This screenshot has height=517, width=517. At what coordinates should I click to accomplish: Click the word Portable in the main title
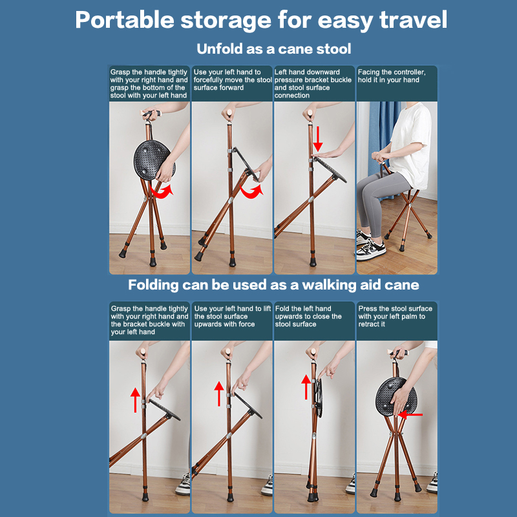pos(125,20)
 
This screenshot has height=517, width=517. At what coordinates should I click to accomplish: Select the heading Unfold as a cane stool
pos(273,49)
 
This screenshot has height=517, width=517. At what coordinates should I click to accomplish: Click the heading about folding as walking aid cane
pos(273,285)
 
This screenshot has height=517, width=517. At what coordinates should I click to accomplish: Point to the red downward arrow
pos(318,139)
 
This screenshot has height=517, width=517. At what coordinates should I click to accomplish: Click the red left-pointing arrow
pos(410,415)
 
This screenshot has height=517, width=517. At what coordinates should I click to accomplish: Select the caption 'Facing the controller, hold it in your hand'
pos(392,76)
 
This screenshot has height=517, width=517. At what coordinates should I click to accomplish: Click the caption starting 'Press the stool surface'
pos(395,316)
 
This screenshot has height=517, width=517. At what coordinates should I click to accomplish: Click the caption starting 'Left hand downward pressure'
pos(313,84)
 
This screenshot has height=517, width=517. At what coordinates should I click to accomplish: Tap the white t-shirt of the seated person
pos(412,145)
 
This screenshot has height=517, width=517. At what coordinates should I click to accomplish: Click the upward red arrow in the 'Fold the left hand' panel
pos(306,386)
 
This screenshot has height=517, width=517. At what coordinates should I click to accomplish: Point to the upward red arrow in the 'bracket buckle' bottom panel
pos(135,400)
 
